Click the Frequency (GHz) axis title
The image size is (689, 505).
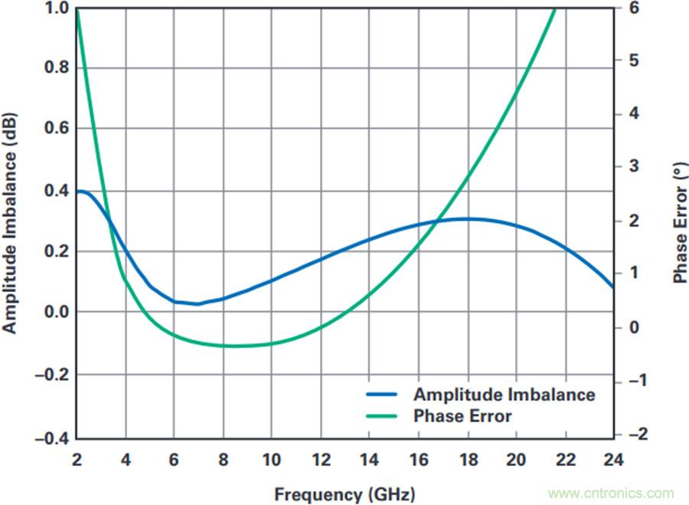click(x=344, y=494)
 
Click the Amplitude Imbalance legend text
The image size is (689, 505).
click(x=504, y=395)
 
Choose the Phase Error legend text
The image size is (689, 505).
click(x=462, y=416)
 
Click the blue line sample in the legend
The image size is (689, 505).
click(x=381, y=395)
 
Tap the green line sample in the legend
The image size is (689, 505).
click(x=381, y=416)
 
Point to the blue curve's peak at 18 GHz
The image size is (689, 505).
click(x=467, y=219)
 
